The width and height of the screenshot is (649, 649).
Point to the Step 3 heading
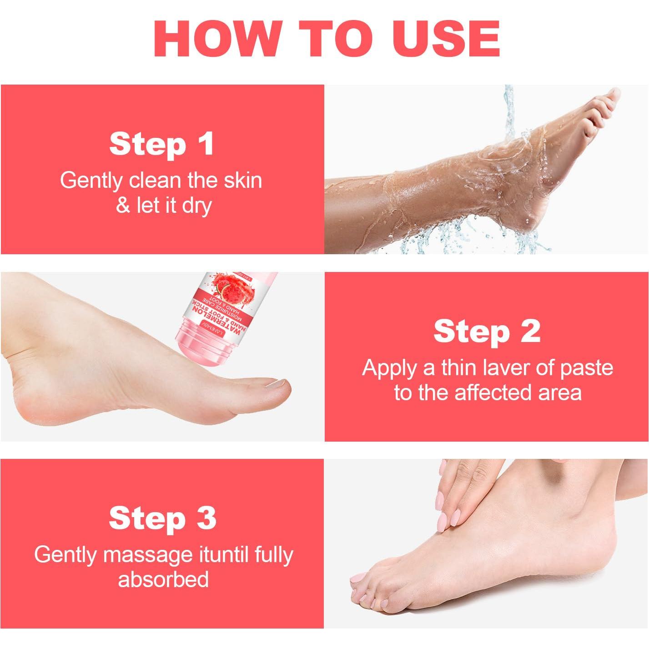coord(162,518)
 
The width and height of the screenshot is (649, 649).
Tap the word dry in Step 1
coord(196,205)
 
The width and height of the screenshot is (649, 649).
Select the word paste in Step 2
coord(587,367)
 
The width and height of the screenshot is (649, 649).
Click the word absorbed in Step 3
coord(163,580)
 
